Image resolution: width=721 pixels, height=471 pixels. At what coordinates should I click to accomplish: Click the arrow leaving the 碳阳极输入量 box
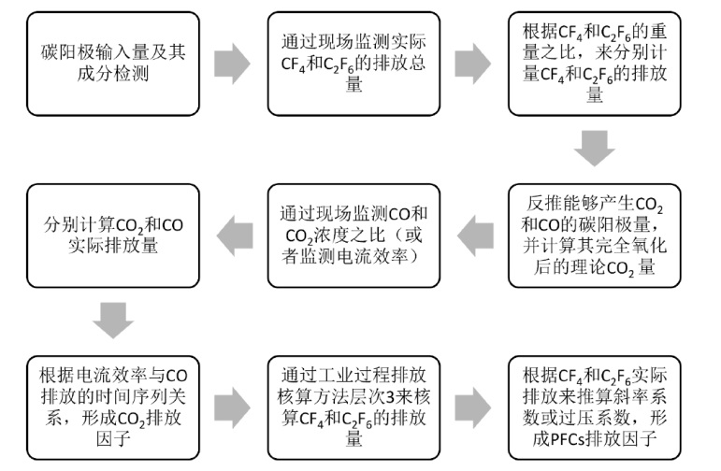231,64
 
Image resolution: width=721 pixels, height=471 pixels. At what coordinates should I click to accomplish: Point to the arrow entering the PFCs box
475,407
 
